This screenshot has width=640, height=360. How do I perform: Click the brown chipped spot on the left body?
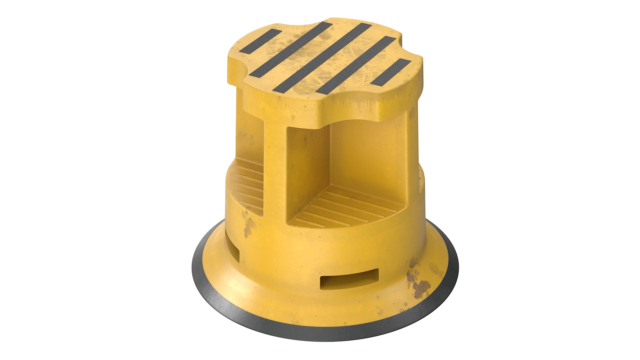point(248,227)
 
